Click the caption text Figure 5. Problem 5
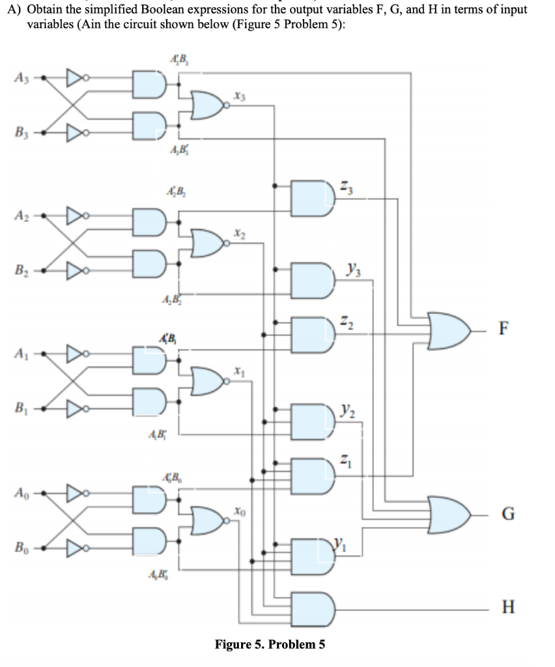(270, 645)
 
